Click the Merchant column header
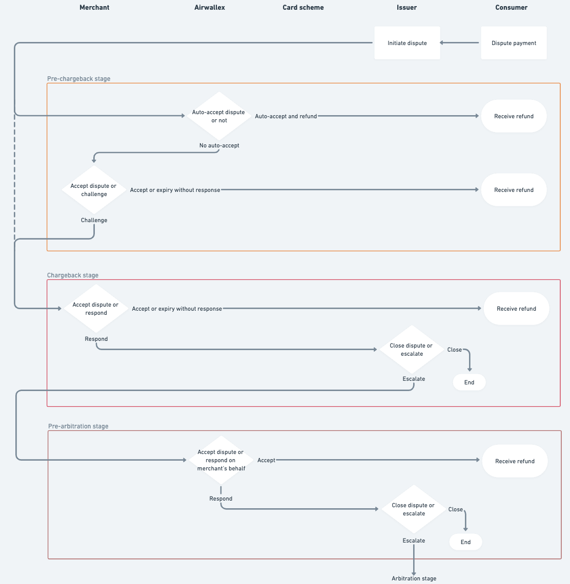coord(94,8)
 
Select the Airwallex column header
coord(210,8)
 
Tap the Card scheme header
coord(303,8)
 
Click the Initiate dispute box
coord(407,43)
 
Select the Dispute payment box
coord(514,43)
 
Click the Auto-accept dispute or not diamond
coord(219,116)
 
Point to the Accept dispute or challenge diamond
coord(94,190)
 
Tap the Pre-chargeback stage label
coord(78,79)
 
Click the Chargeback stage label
coord(73,275)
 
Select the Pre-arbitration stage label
coord(78,426)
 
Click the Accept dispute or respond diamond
coord(96,309)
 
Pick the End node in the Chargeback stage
coord(469,382)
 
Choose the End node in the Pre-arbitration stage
coord(465,542)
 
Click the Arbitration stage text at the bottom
coord(414,578)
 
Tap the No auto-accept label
coord(219,145)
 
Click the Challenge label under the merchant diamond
coord(94,220)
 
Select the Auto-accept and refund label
coord(286,116)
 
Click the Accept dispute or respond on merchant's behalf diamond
coord(221,460)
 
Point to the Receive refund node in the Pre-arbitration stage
coord(515,461)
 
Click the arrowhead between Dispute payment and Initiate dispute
coord(442,43)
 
